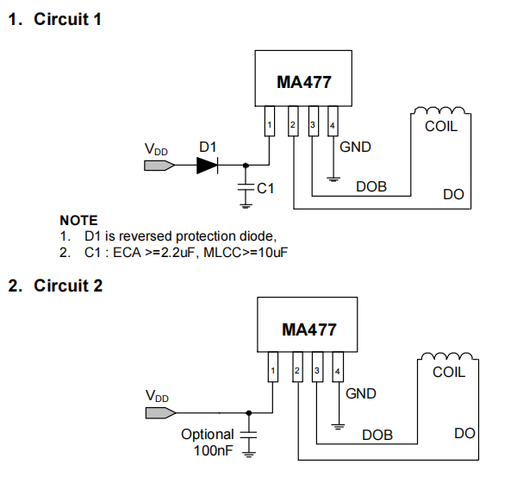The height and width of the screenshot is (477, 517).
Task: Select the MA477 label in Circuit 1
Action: [x=303, y=83]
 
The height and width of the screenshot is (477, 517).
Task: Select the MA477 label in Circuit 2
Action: [x=308, y=330]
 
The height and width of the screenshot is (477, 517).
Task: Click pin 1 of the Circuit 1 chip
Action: [x=270, y=126]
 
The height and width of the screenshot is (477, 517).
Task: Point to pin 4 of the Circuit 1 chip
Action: [x=333, y=126]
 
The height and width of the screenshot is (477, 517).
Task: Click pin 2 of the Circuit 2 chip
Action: [x=296, y=372]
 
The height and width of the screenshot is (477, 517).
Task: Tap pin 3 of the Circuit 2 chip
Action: [x=317, y=372]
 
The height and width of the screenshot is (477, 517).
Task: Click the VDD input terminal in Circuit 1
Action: [x=158, y=166]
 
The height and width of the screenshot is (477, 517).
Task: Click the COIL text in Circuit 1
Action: [x=441, y=126]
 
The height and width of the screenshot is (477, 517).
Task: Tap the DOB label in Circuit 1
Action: [x=371, y=186]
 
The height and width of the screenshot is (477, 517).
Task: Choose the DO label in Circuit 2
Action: [x=464, y=432]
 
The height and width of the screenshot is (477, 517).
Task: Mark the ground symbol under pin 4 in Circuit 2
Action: [x=338, y=426]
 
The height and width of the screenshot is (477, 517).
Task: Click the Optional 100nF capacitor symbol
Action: [x=251, y=437]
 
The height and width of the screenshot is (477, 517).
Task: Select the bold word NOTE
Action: [x=78, y=221]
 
